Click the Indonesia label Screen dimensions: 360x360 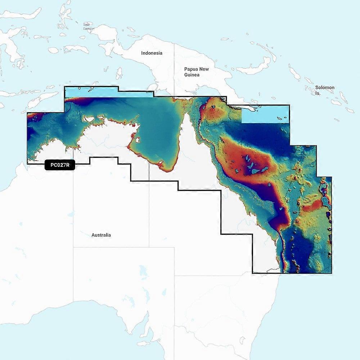(152, 53)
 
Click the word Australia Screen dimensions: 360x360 (101, 235)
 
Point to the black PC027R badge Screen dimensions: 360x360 (60, 165)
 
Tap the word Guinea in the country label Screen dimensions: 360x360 (192, 75)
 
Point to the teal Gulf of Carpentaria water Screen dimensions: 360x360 (158, 130)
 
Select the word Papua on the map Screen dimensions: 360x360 (191, 69)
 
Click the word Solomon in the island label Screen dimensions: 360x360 (325, 87)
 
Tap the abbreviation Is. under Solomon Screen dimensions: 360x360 (318, 93)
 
